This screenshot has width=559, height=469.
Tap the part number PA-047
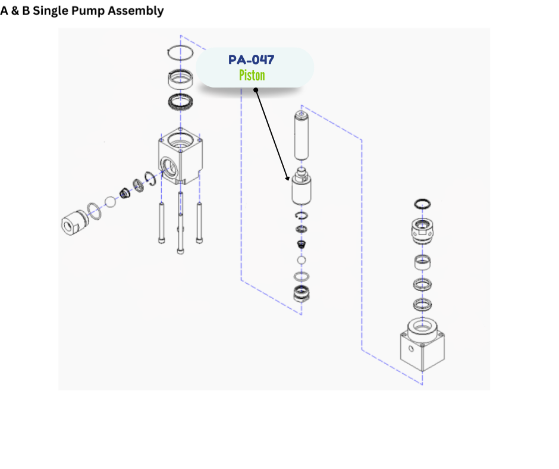coord(252,60)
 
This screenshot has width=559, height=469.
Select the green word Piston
coord(252,76)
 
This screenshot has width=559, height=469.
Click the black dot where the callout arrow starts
coord(256,90)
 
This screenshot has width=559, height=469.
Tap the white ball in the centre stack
coord(302,261)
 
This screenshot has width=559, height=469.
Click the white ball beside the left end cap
coord(110,201)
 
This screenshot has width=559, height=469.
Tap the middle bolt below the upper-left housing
coord(180,226)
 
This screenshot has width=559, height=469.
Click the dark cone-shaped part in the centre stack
coord(302,245)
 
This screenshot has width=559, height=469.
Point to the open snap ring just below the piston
coord(302,215)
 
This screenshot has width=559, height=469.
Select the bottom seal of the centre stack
coord(302,293)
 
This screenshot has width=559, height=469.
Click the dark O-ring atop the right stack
coord(422,204)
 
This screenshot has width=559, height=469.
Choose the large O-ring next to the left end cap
coord(94,210)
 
